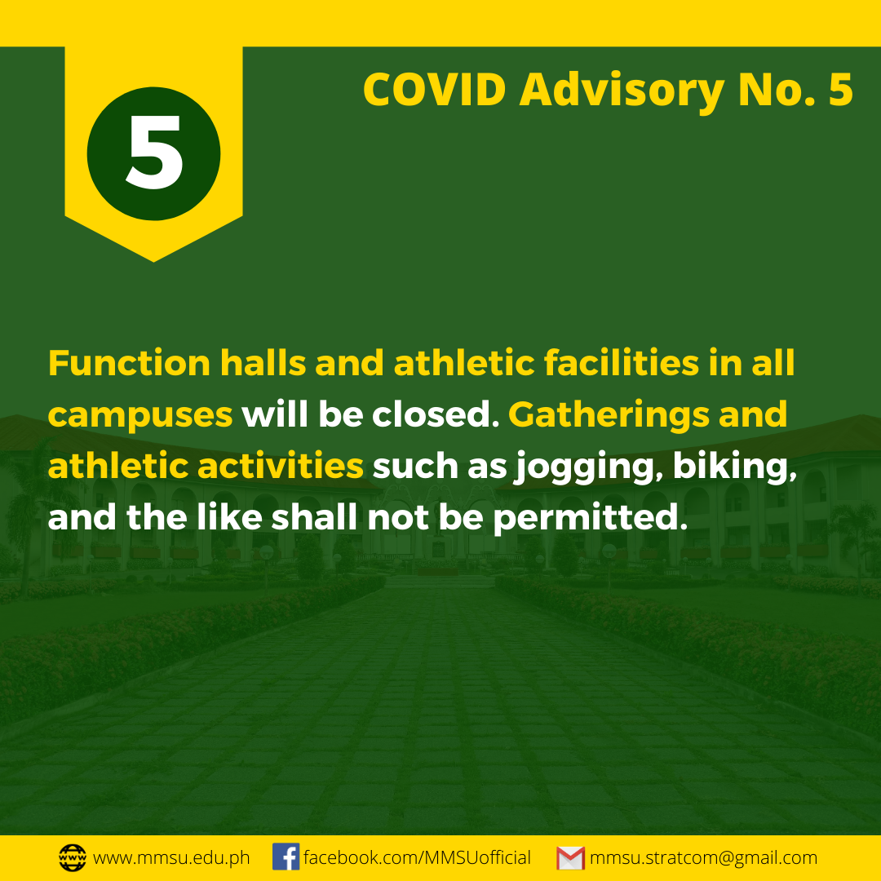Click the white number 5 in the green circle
[x=154, y=152]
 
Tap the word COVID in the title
[x=434, y=90]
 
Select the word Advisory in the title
[x=622, y=91]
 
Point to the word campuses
[x=140, y=416]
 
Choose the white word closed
[x=436, y=414]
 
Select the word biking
[x=735, y=467]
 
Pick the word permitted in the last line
[x=590, y=518]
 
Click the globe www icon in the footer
[x=73, y=857]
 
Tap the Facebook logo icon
[x=286, y=857]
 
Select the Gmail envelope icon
[x=571, y=858]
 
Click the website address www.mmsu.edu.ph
[x=171, y=858]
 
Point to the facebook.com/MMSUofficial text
[x=417, y=857]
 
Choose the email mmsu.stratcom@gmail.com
[x=703, y=858]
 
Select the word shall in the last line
[x=314, y=517]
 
